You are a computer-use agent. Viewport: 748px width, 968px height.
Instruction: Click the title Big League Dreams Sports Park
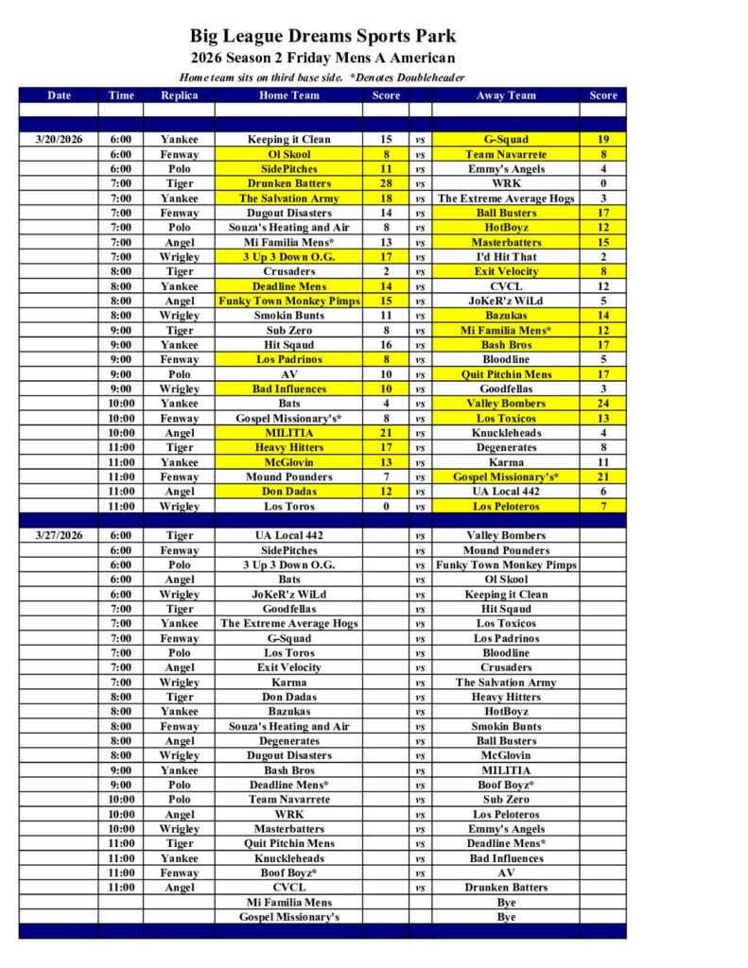tap(322, 37)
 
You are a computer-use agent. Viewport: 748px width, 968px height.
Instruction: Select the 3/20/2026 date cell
tap(59, 139)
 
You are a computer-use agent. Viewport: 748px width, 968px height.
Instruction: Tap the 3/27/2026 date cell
tap(59, 535)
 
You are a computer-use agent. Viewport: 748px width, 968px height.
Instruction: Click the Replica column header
tap(179, 95)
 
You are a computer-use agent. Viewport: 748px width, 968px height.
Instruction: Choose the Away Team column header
tap(506, 95)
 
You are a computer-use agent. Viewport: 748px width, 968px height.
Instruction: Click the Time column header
tap(121, 95)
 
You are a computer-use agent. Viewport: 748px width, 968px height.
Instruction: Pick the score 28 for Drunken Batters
tap(386, 183)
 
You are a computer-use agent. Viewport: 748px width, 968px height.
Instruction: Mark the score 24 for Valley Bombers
tap(602, 404)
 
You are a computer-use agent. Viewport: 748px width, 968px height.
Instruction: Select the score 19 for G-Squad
tap(602, 139)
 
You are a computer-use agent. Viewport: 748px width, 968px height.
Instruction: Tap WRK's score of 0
tap(602, 183)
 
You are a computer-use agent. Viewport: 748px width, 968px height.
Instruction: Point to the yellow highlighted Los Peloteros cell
tap(506, 507)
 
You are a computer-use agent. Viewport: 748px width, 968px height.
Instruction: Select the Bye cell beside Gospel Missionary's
tap(506, 917)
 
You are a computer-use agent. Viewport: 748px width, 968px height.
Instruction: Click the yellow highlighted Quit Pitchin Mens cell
tap(506, 374)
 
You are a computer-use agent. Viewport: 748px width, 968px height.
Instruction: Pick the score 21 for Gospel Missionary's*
tap(602, 477)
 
